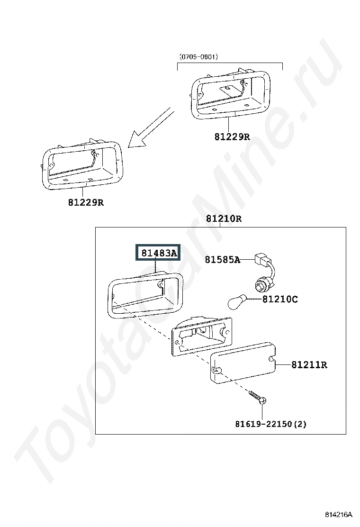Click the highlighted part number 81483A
point(158,253)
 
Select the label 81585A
point(223,259)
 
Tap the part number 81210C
point(280,299)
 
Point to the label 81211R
point(309,364)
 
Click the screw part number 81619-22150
point(263,424)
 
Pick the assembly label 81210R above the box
point(224,218)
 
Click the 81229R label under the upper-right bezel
point(232,137)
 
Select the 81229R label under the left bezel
point(86,202)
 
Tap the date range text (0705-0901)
point(198,57)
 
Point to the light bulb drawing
point(237,302)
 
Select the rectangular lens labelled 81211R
point(243,362)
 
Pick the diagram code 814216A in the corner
point(338,515)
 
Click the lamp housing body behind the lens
point(201,336)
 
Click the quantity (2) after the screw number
point(300,424)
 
